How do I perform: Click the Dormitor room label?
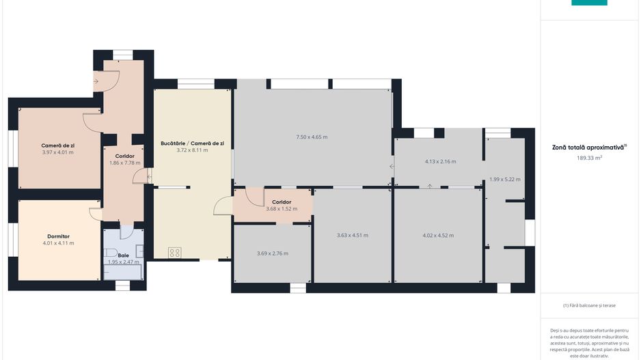59,236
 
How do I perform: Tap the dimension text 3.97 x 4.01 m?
57,152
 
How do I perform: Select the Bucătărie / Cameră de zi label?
192,143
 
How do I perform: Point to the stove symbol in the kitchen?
174,253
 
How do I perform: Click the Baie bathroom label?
124,255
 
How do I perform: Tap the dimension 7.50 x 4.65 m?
312,137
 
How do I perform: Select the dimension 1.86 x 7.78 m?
124,163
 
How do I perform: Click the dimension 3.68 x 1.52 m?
282,209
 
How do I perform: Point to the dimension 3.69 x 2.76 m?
273,253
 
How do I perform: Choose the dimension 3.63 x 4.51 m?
353,236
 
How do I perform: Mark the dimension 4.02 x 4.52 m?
438,236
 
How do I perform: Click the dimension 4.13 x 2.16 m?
440,161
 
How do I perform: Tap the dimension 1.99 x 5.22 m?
505,180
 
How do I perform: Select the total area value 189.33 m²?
589,158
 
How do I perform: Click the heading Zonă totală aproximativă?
588,147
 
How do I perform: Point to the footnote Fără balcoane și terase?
589,305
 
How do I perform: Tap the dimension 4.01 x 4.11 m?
59,243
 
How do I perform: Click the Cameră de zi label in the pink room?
57,146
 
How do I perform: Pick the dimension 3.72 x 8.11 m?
192,150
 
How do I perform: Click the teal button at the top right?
589,3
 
